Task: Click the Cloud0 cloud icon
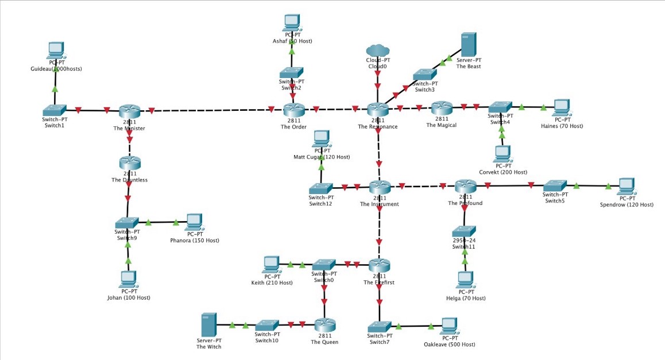377,51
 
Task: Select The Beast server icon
469,44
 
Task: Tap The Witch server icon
208,325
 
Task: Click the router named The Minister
130,111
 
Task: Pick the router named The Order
293,110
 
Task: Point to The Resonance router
378,109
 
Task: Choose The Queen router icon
324,325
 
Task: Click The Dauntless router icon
130,163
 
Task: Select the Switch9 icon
126,222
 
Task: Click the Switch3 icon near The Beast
424,74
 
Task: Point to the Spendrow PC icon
627,186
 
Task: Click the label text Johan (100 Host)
129,297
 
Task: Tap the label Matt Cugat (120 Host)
322,157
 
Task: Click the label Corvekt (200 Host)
503,172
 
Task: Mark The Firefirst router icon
379,265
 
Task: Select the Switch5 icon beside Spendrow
554,185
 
